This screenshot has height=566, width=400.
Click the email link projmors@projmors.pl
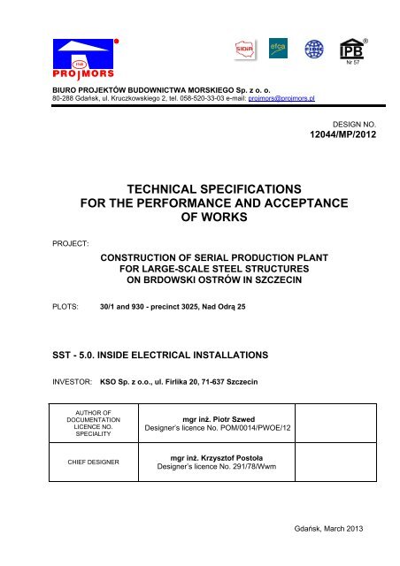click(x=284, y=99)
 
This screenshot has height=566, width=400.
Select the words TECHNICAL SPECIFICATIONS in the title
click(x=204, y=188)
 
